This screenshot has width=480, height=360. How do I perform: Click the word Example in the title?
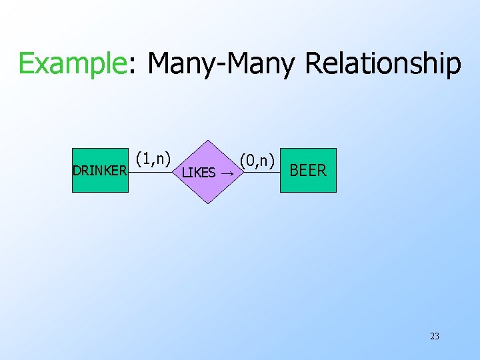(x=71, y=64)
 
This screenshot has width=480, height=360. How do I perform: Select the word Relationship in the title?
(x=383, y=64)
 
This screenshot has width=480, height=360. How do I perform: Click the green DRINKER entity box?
(x=100, y=170)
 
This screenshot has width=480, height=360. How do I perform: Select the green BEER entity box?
(x=308, y=170)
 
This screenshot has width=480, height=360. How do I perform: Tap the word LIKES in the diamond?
(x=199, y=173)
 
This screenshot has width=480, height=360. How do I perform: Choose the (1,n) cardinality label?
(x=154, y=159)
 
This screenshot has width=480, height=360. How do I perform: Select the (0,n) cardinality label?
(x=258, y=161)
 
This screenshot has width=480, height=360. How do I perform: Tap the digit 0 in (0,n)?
(x=249, y=161)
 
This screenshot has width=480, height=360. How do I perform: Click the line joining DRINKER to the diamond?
(x=153, y=172)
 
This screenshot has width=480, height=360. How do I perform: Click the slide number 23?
(x=435, y=336)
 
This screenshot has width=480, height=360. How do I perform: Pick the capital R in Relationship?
(x=314, y=64)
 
